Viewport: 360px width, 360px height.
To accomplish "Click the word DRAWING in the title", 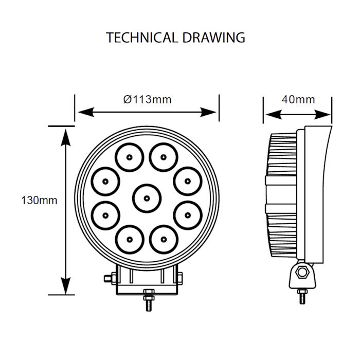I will pyautogui.click(x=213, y=38).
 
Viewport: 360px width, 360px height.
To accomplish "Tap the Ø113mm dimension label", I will pyautogui.click(x=147, y=99).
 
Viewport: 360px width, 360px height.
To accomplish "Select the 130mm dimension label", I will pyautogui.click(x=39, y=200).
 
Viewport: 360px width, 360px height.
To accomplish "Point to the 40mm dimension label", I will pyautogui.click(x=298, y=99).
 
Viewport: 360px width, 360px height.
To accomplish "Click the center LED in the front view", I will pyautogui.click(x=147, y=197).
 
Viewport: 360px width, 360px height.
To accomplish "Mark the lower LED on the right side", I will pyautogui.click(x=188, y=215).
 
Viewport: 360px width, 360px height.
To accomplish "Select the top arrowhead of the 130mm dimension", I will pyautogui.click(x=65, y=133).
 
